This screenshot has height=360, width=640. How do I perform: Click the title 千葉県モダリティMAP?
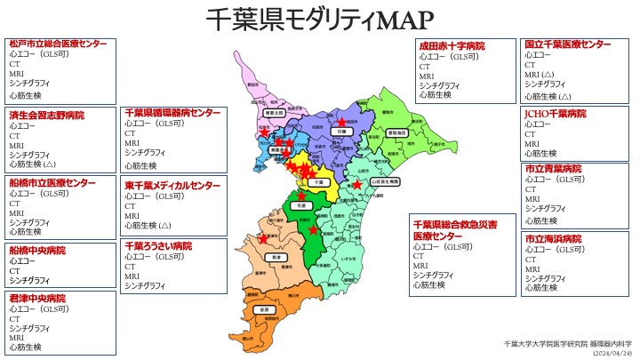320,19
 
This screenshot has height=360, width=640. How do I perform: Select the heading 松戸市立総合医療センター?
59,44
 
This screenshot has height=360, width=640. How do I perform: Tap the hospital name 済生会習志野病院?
47,116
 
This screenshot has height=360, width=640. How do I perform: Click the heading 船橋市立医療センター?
52,182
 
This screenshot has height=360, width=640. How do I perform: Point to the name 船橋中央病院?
37,251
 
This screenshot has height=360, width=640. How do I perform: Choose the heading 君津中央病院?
37,298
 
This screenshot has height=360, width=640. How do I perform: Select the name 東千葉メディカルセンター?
172,186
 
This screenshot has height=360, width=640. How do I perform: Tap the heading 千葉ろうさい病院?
157,245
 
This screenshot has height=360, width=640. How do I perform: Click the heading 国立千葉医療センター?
567,44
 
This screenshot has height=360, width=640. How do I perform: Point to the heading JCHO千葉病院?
556,114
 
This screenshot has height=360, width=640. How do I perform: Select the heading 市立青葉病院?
553,168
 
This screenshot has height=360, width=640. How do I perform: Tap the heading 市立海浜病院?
553,239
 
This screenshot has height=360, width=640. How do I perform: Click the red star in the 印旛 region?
341,120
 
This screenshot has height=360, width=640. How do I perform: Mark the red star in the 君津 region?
262,238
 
